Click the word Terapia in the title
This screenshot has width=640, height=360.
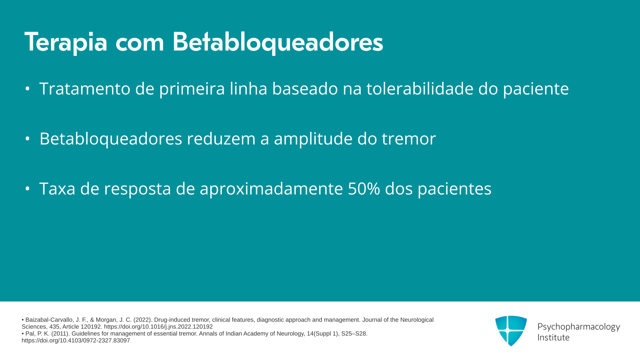pos(66,42)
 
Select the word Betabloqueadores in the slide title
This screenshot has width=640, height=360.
pos(278,42)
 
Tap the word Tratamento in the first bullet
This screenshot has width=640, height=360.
pos(85,89)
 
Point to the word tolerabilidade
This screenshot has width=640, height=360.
pos(420,89)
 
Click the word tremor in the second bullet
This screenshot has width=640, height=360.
pos(409,139)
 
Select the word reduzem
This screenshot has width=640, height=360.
pos(221,139)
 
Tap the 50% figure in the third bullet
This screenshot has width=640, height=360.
pos(364,189)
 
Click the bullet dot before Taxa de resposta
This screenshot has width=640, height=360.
pos(28,189)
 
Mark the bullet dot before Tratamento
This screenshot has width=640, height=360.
pos(28,89)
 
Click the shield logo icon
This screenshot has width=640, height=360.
pos(511,331)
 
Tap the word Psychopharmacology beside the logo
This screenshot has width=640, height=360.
pos(579,327)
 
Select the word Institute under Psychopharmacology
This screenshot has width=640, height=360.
pos(553,337)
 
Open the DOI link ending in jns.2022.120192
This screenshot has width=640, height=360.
pos(158,327)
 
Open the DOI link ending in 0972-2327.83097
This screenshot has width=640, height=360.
pos(76,341)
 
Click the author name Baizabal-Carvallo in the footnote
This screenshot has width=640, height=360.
pos(48,320)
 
